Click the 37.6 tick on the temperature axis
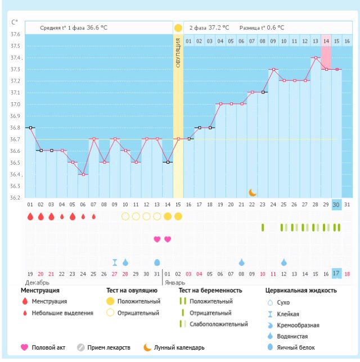click(x=15, y=35)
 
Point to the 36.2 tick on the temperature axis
click(x=15, y=198)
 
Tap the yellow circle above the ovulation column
click(x=178, y=28)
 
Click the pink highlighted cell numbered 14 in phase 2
click(x=326, y=41)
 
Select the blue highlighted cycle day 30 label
click(x=336, y=204)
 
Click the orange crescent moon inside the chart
click(x=253, y=192)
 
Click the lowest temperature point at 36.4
click(x=83, y=174)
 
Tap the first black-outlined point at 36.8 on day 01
click(x=30, y=128)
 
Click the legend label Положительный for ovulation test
click(x=137, y=302)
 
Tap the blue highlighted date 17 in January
click(x=336, y=273)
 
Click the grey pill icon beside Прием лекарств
click(x=80, y=348)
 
